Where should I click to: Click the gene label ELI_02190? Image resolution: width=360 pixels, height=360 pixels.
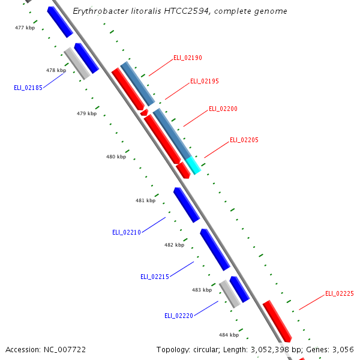[x=188, y=58]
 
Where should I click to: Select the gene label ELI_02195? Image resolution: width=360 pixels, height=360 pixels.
[x=205, y=81]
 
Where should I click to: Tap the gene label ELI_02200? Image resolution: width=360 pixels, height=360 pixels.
[x=223, y=109]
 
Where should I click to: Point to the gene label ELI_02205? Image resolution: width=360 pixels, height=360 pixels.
[x=244, y=140]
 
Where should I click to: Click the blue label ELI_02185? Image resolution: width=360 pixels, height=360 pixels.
[x=28, y=88]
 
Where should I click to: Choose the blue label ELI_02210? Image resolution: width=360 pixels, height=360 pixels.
[x=127, y=232]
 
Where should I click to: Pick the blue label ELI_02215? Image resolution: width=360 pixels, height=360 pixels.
[x=155, y=277]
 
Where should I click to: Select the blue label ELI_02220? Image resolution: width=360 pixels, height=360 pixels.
[x=179, y=315]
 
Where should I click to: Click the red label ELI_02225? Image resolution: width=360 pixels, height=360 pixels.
[x=340, y=294]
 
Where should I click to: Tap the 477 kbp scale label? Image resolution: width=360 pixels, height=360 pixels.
[x=25, y=28]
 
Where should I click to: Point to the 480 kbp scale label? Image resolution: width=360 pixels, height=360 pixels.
[x=116, y=157]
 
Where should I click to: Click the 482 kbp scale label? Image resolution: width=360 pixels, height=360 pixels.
[x=174, y=245]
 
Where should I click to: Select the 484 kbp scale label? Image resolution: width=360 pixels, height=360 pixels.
[x=229, y=335]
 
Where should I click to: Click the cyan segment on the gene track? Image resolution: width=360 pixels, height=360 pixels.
[x=193, y=165]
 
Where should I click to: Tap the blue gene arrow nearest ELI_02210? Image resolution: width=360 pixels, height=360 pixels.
[x=187, y=205]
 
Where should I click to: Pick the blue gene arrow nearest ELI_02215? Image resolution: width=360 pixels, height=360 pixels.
[x=215, y=250]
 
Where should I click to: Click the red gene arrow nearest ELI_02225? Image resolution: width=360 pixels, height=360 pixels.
[x=277, y=321]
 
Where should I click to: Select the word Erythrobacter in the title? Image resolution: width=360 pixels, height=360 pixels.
[x=96, y=11]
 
